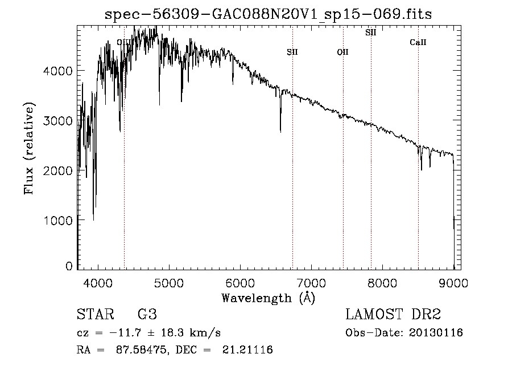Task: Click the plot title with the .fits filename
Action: tap(269, 14)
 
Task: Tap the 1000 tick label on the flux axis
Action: tap(59, 221)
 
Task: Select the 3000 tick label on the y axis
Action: tap(59, 121)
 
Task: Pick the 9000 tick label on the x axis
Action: tap(453, 283)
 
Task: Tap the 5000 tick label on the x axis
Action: tap(169, 283)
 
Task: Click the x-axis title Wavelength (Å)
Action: tap(268, 298)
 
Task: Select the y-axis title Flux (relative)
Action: tap(29, 148)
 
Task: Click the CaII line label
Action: tap(418, 43)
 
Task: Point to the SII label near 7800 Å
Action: tap(371, 32)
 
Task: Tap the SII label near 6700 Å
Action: tap(292, 52)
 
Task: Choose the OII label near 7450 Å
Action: tap(342, 52)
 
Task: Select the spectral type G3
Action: tap(147, 315)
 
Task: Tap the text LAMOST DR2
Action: tap(393, 315)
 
